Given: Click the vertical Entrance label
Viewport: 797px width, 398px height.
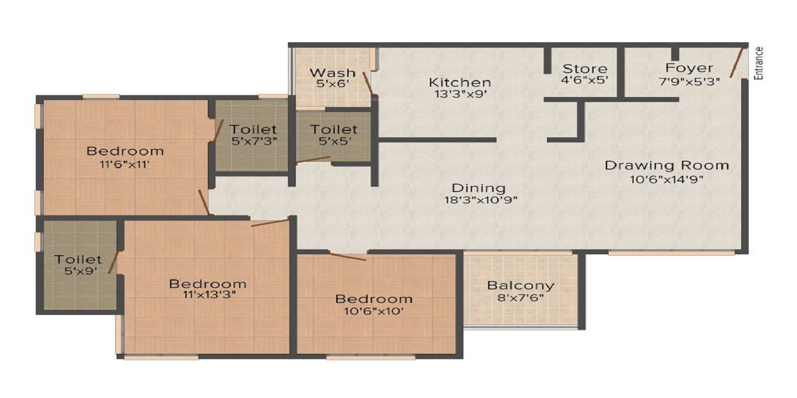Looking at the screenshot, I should pyautogui.click(x=759, y=63).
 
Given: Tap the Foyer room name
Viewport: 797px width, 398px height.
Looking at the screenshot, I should pyautogui.click(x=689, y=68).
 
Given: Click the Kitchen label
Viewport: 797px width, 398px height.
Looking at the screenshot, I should pyautogui.click(x=460, y=82).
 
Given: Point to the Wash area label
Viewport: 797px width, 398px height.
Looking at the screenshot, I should pyautogui.click(x=332, y=73).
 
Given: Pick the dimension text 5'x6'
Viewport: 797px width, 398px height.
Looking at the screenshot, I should pyautogui.click(x=332, y=84).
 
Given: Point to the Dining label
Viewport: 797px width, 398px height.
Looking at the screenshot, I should pyautogui.click(x=478, y=188).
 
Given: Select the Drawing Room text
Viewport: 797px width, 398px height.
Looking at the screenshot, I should pyautogui.click(x=666, y=165).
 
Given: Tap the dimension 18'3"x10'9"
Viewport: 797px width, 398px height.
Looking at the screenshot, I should pyautogui.click(x=481, y=200).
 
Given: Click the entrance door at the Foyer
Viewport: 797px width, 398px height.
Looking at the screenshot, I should pyautogui.click(x=738, y=63).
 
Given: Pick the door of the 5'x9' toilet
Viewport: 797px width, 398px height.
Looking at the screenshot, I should pyautogui.click(x=114, y=262).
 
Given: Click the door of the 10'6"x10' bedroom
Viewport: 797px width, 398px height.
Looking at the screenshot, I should pyautogui.click(x=348, y=257).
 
